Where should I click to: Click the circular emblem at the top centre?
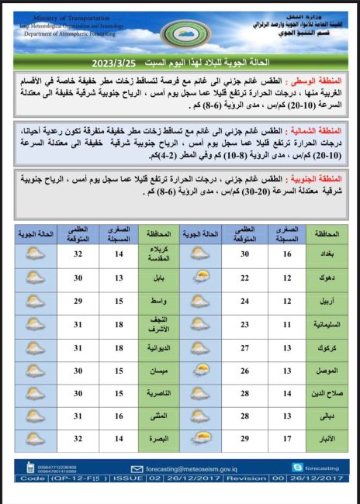pos(184,32)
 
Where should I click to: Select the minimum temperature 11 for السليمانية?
pos(285,325)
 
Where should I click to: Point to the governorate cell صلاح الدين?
pos(327,394)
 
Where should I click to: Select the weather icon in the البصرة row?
pos(34,440)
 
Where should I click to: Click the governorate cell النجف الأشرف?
pos(159,324)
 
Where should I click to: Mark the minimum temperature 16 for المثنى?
pos(119,417)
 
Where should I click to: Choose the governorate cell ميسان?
pos(159,371)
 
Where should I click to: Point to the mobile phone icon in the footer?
pos(30,468)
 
